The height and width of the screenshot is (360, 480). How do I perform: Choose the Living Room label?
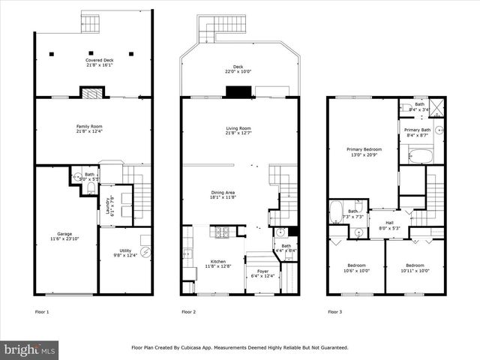coord(238,131)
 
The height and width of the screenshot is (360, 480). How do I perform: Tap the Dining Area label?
coord(223,196)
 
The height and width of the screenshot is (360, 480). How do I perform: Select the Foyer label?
coord(262,274)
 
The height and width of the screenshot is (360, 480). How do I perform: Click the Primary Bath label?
coord(417,133)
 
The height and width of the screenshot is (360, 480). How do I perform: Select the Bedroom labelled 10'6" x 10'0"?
coord(356,268)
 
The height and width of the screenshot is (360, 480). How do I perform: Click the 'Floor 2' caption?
coord(189,311)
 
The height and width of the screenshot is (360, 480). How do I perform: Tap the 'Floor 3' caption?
coord(335,311)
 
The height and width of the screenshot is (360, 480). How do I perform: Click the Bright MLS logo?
coord(30,349)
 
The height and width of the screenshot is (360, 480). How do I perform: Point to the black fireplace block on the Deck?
coord(238,91)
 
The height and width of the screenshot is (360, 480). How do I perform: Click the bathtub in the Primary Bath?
coord(420,156)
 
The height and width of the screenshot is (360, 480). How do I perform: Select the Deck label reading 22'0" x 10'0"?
coord(238,69)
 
